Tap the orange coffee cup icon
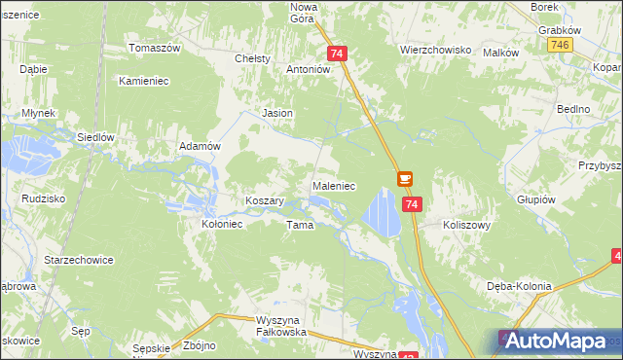click(x=405, y=179)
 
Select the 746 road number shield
click(x=559, y=46)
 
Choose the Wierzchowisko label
click(x=435, y=49)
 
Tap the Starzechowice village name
click(x=79, y=261)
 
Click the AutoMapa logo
click(x=558, y=341)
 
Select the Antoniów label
click(x=309, y=70)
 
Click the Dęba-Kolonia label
click(x=519, y=286)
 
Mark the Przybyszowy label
click(x=600, y=166)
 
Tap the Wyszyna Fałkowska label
click(x=267, y=326)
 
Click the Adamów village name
click(x=202, y=146)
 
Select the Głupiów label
click(x=536, y=198)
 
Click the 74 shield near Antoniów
click(x=337, y=54)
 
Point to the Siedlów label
click(x=95, y=137)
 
